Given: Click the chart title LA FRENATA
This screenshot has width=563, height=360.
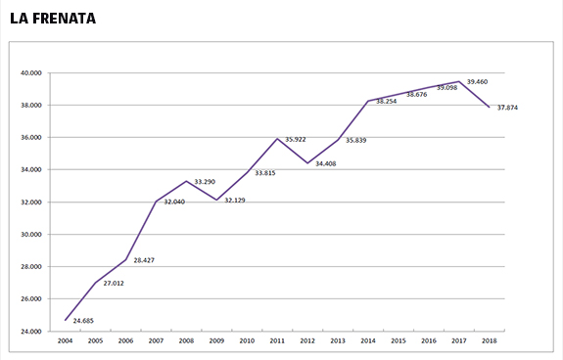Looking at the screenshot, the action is [53, 19].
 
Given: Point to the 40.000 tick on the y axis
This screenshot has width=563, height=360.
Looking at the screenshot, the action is [31, 73].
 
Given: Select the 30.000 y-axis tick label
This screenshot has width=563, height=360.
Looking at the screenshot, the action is [31, 235].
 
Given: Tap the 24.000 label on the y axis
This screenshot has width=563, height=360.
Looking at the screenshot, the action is [31, 332].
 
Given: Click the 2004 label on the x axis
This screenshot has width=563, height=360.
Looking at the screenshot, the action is [65, 340].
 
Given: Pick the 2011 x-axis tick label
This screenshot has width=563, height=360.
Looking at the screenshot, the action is [277, 340].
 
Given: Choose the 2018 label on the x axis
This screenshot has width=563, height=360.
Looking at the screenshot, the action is [490, 340].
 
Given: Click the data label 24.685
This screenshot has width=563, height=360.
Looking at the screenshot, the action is [83, 321].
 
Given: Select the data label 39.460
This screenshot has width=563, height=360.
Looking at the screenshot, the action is [477, 82].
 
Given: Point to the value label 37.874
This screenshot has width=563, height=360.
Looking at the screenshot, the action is [507, 108].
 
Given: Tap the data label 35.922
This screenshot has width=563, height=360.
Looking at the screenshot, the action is [296, 140].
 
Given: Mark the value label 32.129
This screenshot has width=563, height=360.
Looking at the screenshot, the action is [235, 201].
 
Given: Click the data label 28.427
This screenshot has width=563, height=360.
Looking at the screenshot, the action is [144, 260].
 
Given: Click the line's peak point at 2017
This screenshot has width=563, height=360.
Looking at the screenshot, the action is [459, 81].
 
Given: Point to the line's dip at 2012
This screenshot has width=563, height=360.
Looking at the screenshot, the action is [307, 163].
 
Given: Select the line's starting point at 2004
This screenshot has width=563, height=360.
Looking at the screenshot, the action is [65, 320].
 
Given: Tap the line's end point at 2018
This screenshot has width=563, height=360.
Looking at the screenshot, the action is [489, 107].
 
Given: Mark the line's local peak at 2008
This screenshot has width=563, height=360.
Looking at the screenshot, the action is [186, 181].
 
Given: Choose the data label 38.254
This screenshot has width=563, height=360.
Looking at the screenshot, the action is [387, 102].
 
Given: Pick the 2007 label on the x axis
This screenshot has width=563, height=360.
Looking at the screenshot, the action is [156, 340].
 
